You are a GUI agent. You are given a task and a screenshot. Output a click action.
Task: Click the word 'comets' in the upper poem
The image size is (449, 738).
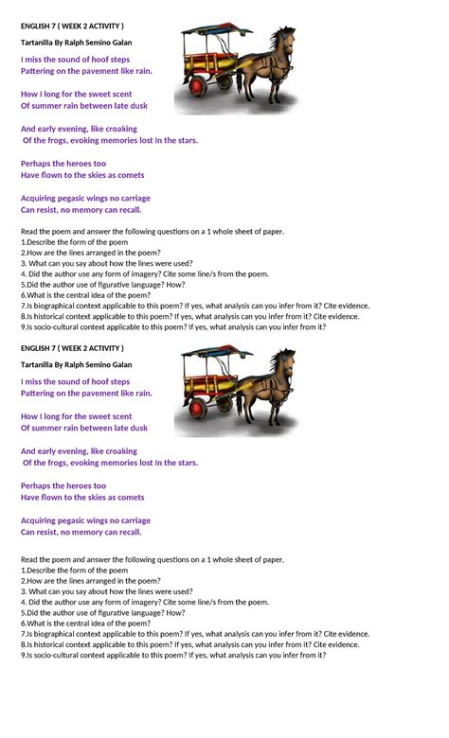pyautogui.click(x=131, y=175)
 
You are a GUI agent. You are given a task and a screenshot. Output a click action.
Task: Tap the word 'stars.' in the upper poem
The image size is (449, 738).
pyautogui.click(x=186, y=140)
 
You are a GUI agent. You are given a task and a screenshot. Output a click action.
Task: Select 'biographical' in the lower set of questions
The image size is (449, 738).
pyautogui.click(x=48, y=633)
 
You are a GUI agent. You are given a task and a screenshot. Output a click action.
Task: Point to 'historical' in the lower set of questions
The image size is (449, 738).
pyautogui.click(x=45, y=643)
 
